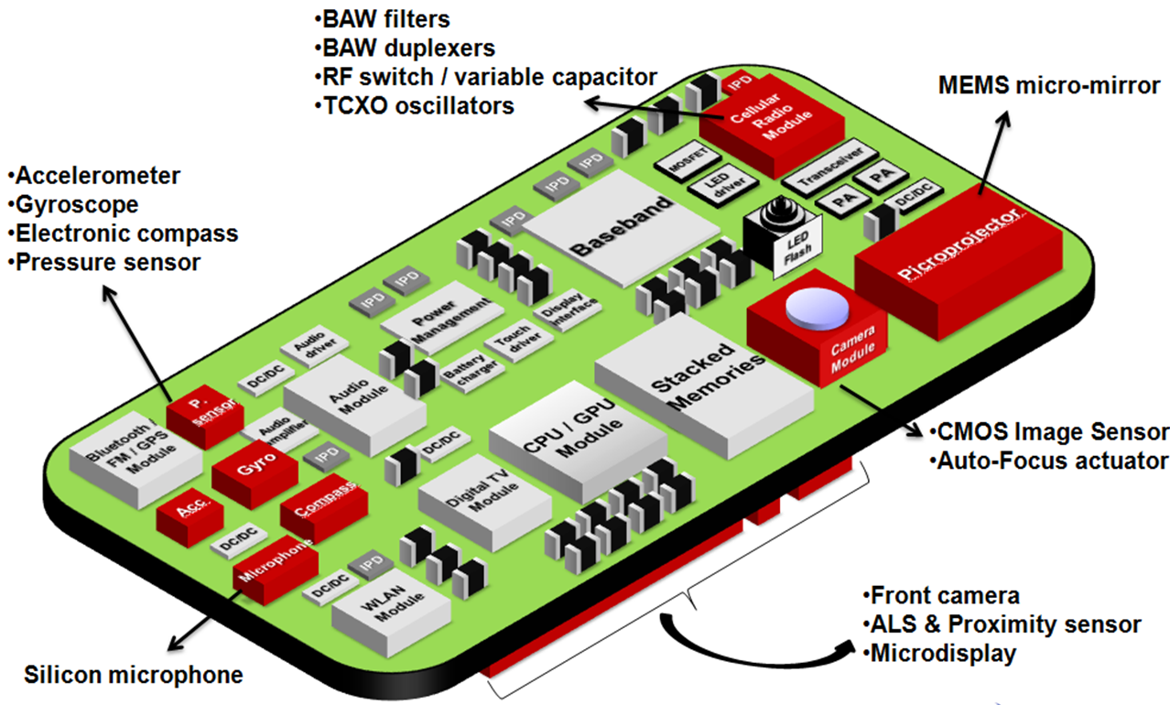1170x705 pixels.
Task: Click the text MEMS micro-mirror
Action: click(x=1049, y=86)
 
